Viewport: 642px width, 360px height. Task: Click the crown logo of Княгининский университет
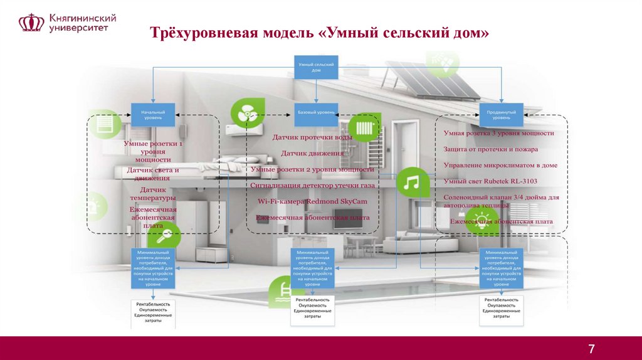pyautogui.click(x=31, y=23)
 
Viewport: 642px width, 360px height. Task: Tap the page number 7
pyautogui.click(x=591, y=349)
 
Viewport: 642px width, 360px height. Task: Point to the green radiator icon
pyautogui.click(x=364, y=129)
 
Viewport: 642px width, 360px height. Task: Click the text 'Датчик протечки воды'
pyautogui.click(x=312, y=137)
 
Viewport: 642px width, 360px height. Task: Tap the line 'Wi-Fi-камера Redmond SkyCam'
pyautogui.click(x=312, y=201)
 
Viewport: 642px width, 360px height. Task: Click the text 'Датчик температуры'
pyautogui.click(x=153, y=194)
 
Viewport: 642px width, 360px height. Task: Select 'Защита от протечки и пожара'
pyautogui.click(x=490, y=149)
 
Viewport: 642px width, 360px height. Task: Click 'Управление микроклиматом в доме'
pyautogui.click(x=500, y=166)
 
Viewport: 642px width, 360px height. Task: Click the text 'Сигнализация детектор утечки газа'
pyautogui.click(x=312, y=186)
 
